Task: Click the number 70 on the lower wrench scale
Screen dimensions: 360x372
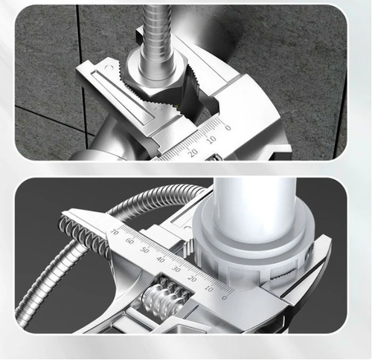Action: click(x=114, y=232)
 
